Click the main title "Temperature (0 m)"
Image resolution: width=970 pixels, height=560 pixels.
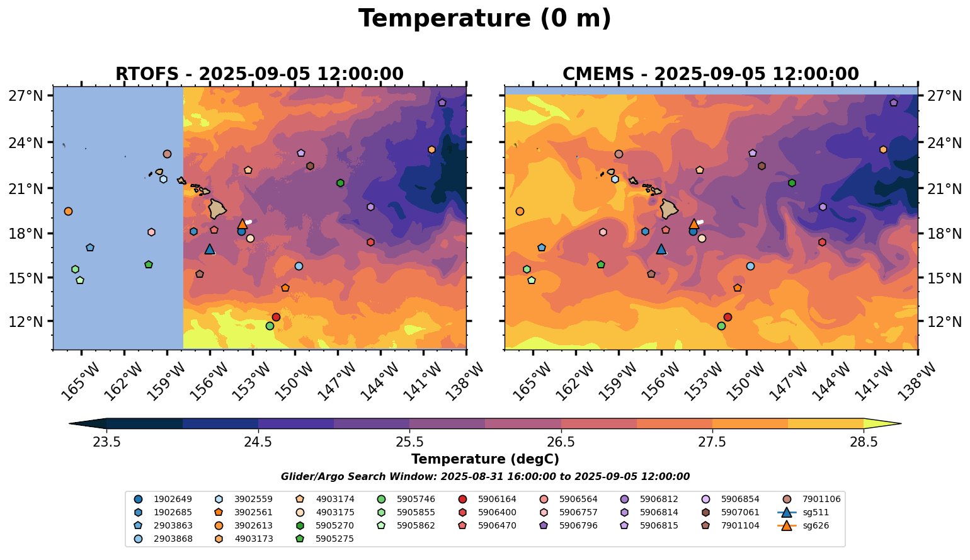(484, 19)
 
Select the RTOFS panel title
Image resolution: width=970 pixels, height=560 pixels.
(259, 74)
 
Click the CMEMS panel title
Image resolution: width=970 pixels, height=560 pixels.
(710, 74)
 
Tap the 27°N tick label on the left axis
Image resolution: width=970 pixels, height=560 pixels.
(26, 96)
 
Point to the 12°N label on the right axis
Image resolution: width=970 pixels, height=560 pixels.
(944, 322)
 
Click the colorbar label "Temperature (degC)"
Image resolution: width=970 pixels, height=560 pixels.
(484, 459)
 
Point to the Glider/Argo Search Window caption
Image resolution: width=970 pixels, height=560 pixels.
(484, 477)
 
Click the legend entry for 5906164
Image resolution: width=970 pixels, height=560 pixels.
(489, 499)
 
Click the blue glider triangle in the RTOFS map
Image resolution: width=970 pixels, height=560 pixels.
(210, 249)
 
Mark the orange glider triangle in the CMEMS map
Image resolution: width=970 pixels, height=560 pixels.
(694, 224)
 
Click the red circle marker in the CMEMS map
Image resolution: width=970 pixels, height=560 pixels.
(727, 317)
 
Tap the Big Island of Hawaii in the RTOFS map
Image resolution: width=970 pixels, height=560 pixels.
(218, 209)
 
